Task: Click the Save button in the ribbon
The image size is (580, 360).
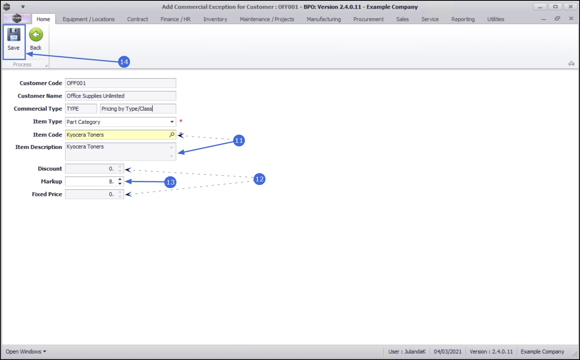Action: (x=14, y=39)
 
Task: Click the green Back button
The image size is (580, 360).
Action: (x=36, y=39)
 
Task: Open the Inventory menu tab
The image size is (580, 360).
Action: (x=215, y=19)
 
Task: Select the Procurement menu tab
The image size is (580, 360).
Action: (x=368, y=19)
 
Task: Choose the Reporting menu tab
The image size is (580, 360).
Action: (x=463, y=19)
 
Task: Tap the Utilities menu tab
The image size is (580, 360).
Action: (x=495, y=19)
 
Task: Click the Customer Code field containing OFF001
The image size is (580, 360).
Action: (x=120, y=83)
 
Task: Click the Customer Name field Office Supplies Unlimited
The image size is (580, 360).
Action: (x=120, y=96)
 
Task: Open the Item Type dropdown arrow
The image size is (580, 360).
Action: (x=172, y=122)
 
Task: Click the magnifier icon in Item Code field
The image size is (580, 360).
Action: (x=172, y=135)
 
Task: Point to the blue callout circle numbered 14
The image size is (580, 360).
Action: (x=124, y=62)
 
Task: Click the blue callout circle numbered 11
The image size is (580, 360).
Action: (x=239, y=140)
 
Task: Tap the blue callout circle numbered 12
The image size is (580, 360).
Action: (x=259, y=179)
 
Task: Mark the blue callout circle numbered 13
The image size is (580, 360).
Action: (x=170, y=182)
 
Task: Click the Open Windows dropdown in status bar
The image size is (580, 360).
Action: (x=26, y=352)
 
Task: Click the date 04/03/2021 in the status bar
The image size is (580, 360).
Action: (x=447, y=352)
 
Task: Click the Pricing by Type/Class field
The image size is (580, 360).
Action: (x=138, y=109)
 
